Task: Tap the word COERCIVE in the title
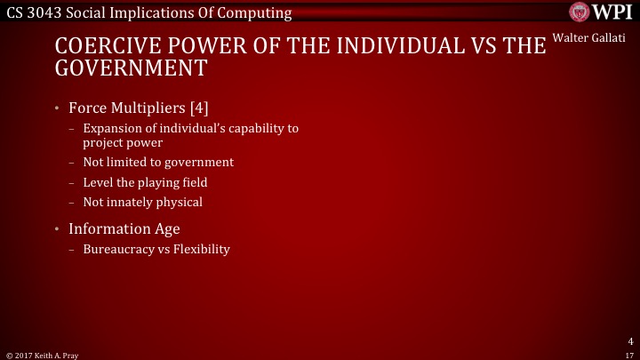[x=102, y=46]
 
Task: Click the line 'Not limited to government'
[x=158, y=163]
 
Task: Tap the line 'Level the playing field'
[x=145, y=182]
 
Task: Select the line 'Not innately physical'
[x=142, y=202]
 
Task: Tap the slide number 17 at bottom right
[x=629, y=353]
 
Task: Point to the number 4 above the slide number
[x=629, y=340]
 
